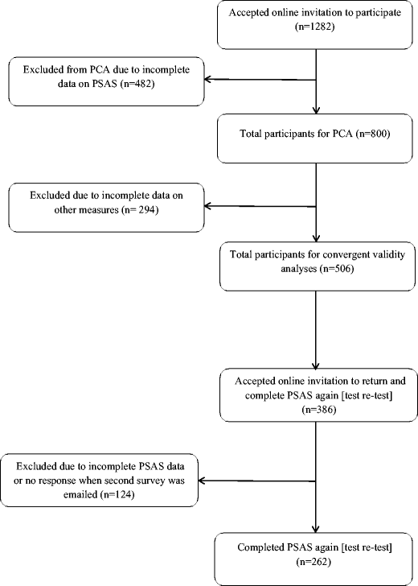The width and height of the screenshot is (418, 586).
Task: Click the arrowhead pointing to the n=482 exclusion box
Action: point(207,79)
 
